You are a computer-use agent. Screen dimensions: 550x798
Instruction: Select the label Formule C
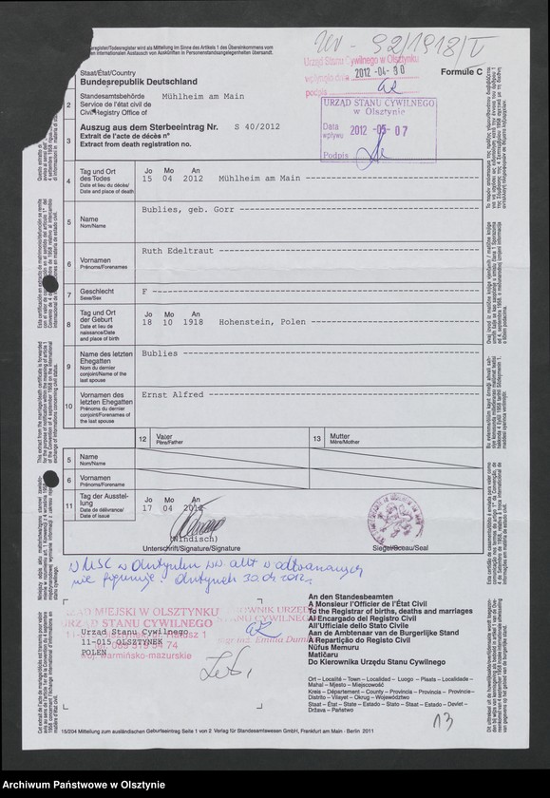(461, 71)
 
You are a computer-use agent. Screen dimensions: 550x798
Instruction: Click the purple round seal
(400, 515)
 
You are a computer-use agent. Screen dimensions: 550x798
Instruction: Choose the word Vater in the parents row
(164, 438)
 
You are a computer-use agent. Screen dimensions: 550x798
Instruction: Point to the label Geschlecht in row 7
(98, 292)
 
